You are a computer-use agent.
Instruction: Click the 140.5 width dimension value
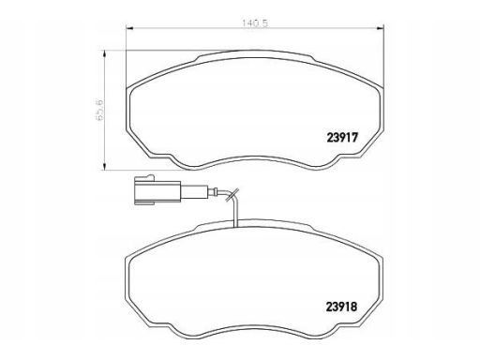pyautogui.click(x=255, y=23)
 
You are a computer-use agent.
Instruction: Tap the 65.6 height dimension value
pyautogui.click(x=99, y=111)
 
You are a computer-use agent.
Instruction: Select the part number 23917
pyautogui.click(x=342, y=138)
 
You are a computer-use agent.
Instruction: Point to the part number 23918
pyautogui.click(x=341, y=307)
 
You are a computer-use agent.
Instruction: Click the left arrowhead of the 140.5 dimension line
pyautogui.click(x=129, y=29)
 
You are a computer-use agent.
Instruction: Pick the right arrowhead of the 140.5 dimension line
pyautogui.click(x=380, y=29)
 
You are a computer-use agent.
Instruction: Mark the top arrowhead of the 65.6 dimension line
pyautogui.click(x=105, y=55)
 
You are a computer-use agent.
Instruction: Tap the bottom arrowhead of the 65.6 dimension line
pyautogui.click(x=105, y=166)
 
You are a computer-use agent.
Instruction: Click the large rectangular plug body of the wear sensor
pyautogui.click(x=157, y=191)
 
